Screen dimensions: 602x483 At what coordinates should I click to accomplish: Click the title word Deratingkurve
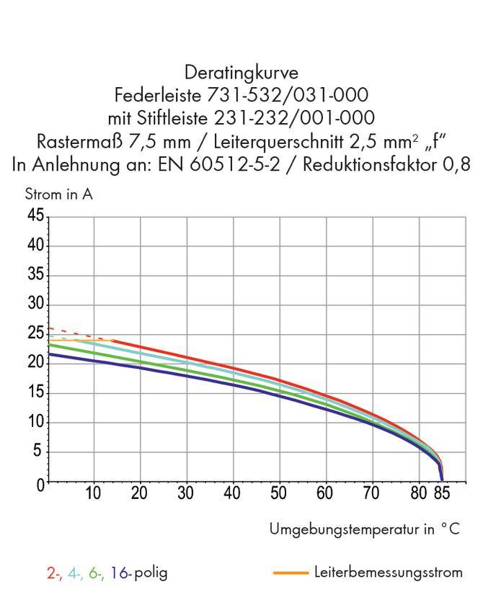tap(241, 73)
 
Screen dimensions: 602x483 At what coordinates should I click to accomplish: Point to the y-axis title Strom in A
tap(58, 194)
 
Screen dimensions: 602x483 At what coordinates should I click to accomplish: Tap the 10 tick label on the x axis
tap(93, 494)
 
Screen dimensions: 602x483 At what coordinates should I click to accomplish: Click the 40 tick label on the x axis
tap(232, 494)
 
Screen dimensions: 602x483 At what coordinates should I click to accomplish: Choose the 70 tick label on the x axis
tap(371, 494)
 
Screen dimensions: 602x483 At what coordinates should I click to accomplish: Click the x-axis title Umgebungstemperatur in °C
tap(364, 529)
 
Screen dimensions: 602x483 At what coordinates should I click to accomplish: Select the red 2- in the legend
tap(53, 573)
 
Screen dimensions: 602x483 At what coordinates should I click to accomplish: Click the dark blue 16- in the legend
tap(120, 573)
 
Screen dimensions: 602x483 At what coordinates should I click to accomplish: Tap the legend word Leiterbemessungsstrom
tap(389, 572)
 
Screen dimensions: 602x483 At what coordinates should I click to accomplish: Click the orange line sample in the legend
tap(291, 573)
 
